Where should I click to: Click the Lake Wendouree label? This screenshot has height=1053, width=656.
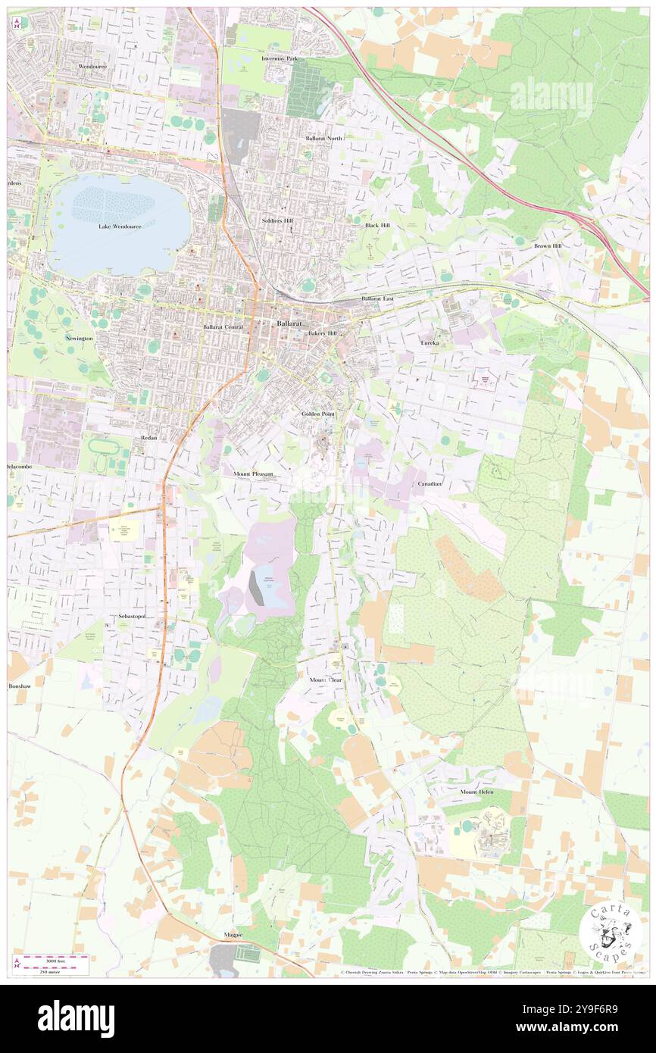(x=119, y=226)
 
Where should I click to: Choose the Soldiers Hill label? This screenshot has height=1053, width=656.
(x=277, y=220)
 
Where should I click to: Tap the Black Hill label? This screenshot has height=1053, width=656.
(x=376, y=225)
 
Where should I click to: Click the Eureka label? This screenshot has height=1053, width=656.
(x=430, y=342)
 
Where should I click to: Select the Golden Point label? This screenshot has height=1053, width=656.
(x=318, y=414)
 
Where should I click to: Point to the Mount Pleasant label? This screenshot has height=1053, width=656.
(x=253, y=473)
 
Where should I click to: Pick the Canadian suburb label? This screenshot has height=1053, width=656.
(x=429, y=483)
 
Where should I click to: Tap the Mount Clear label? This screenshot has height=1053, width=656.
(x=326, y=680)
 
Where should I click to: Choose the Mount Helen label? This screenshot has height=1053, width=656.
(x=476, y=792)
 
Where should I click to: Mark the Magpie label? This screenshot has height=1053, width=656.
(x=233, y=934)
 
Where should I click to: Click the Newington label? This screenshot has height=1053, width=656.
(x=79, y=338)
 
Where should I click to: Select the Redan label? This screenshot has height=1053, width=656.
(x=148, y=438)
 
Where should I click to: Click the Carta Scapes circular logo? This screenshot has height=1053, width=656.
(x=605, y=933)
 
